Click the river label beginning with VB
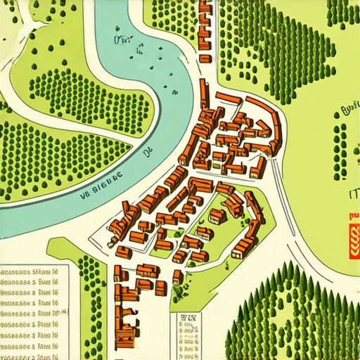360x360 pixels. click(x=98, y=177)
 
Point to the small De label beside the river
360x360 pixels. click(x=148, y=151)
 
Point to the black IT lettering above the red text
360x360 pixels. click(x=352, y=194)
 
